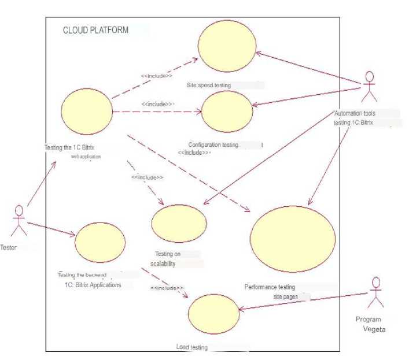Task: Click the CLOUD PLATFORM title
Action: pos(95,30)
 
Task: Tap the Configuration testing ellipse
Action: pos(227,112)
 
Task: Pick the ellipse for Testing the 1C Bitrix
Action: pos(87,114)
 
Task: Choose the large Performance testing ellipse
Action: pos(292,237)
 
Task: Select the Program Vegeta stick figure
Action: pos(377,294)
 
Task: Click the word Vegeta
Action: pos(374,329)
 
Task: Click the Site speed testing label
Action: pos(208,85)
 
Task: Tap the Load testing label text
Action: pos(191,347)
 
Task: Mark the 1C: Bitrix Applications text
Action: pos(93,285)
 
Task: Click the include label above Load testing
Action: pos(167,287)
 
